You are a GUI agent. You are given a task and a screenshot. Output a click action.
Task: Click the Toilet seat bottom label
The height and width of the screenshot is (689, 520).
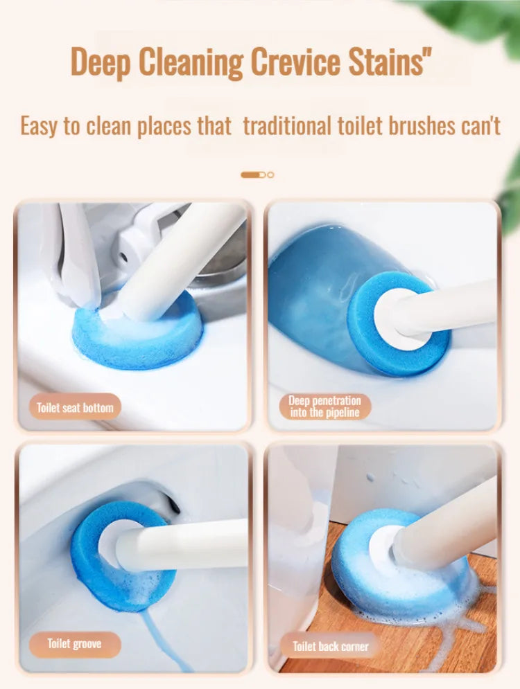[x=75, y=407]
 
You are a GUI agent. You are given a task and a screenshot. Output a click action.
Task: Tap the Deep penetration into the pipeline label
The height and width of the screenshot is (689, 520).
[x=324, y=406]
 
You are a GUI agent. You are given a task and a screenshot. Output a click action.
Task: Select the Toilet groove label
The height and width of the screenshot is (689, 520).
[x=74, y=644]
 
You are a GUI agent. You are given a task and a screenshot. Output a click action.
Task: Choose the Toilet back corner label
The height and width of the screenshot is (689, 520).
[x=331, y=646]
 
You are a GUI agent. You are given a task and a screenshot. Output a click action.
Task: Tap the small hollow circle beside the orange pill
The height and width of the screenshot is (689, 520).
[x=270, y=175]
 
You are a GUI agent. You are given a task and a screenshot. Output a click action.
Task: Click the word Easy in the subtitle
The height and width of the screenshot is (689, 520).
[x=40, y=126]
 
